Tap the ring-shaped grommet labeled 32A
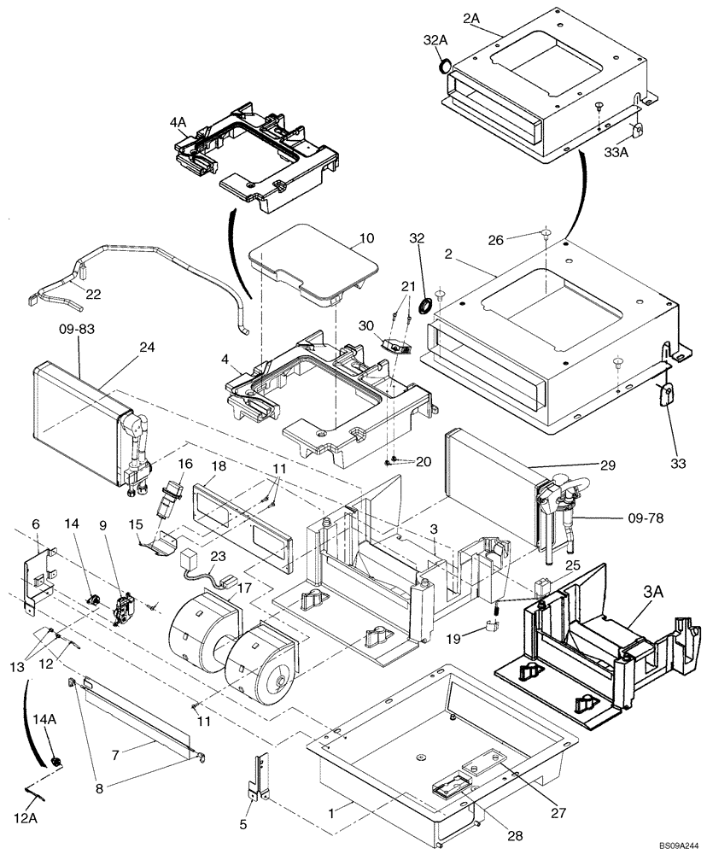(x=445, y=66)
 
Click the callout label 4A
(x=178, y=123)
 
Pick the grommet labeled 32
(x=424, y=307)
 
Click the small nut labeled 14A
(x=56, y=760)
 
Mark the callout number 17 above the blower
(x=244, y=588)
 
